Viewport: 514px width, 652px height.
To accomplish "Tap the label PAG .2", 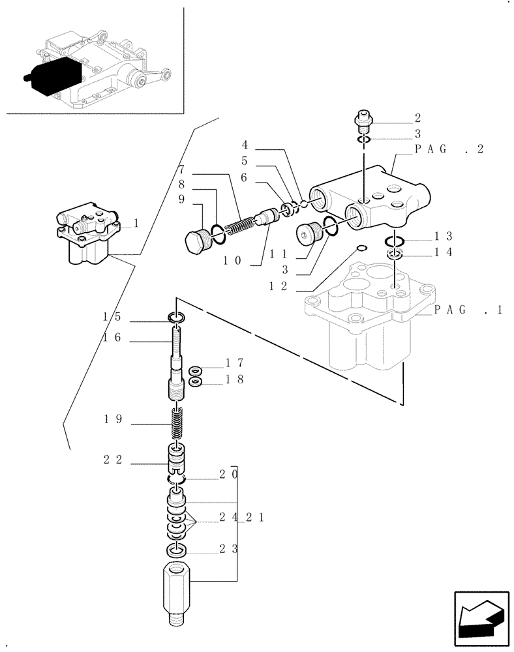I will click(449, 149).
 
